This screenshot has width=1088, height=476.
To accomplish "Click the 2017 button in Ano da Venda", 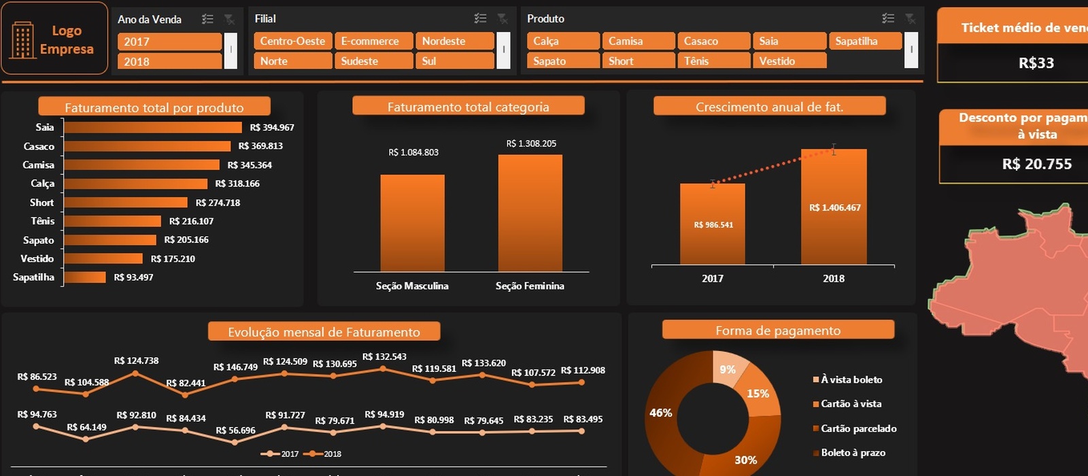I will [169, 41].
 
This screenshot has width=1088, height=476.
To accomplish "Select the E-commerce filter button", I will [373, 41].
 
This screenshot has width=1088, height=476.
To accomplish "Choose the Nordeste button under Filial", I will [454, 41].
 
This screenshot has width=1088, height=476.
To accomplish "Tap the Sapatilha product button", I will [864, 41].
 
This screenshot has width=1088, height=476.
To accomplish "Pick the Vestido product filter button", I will [789, 61].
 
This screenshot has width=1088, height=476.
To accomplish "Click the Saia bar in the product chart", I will [153, 127].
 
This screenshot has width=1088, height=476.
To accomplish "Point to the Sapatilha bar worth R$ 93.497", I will [85, 277].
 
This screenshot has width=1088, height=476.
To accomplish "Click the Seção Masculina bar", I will [412, 223].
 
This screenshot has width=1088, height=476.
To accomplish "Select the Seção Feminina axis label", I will [530, 286].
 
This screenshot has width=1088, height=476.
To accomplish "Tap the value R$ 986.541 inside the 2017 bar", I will [713, 225].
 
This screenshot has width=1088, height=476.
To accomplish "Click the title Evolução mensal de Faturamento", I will [324, 332].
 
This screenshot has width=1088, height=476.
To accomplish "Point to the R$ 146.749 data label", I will [235, 367].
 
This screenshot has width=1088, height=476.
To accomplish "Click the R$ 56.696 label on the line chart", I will [235, 430].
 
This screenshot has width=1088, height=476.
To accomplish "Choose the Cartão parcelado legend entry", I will [858, 428].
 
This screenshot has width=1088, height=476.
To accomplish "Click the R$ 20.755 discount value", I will [1036, 164].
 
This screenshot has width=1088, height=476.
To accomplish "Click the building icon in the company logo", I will [22, 39].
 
